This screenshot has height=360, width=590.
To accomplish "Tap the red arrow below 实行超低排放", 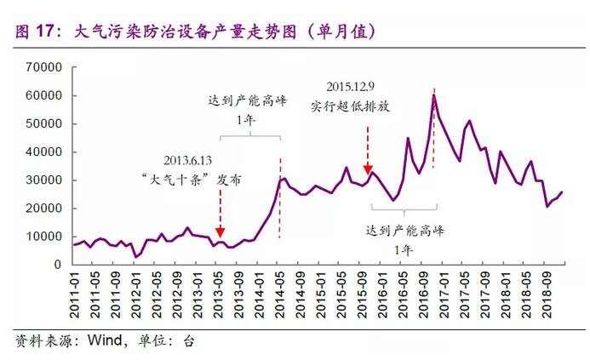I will pyautogui.click(x=368, y=153).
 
